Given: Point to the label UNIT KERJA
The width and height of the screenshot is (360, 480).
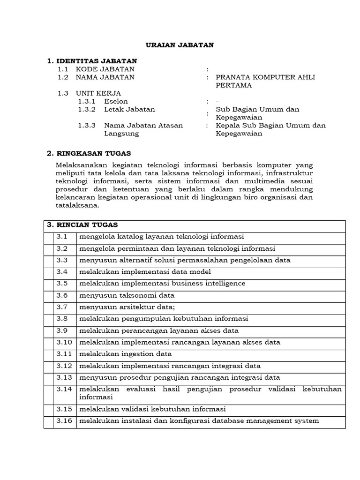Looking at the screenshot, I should tap(98, 93).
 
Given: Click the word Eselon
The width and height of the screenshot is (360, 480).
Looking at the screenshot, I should tap(116, 101).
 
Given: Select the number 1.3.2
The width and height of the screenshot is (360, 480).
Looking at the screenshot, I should tap(87, 109).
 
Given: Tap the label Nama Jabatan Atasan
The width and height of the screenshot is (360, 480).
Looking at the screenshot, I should tap(143, 125).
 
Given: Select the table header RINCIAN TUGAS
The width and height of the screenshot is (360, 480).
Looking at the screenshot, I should tap(86, 225).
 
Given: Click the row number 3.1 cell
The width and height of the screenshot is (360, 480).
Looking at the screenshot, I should tap(63, 237).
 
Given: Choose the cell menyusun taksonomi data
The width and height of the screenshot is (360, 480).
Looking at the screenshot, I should tap(127, 295).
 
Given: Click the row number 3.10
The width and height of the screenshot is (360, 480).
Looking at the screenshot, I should tap(65, 342).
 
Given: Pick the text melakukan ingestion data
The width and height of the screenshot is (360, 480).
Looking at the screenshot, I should tap(125, 354).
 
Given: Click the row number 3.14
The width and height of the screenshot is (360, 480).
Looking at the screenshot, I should tap(65, 390).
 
